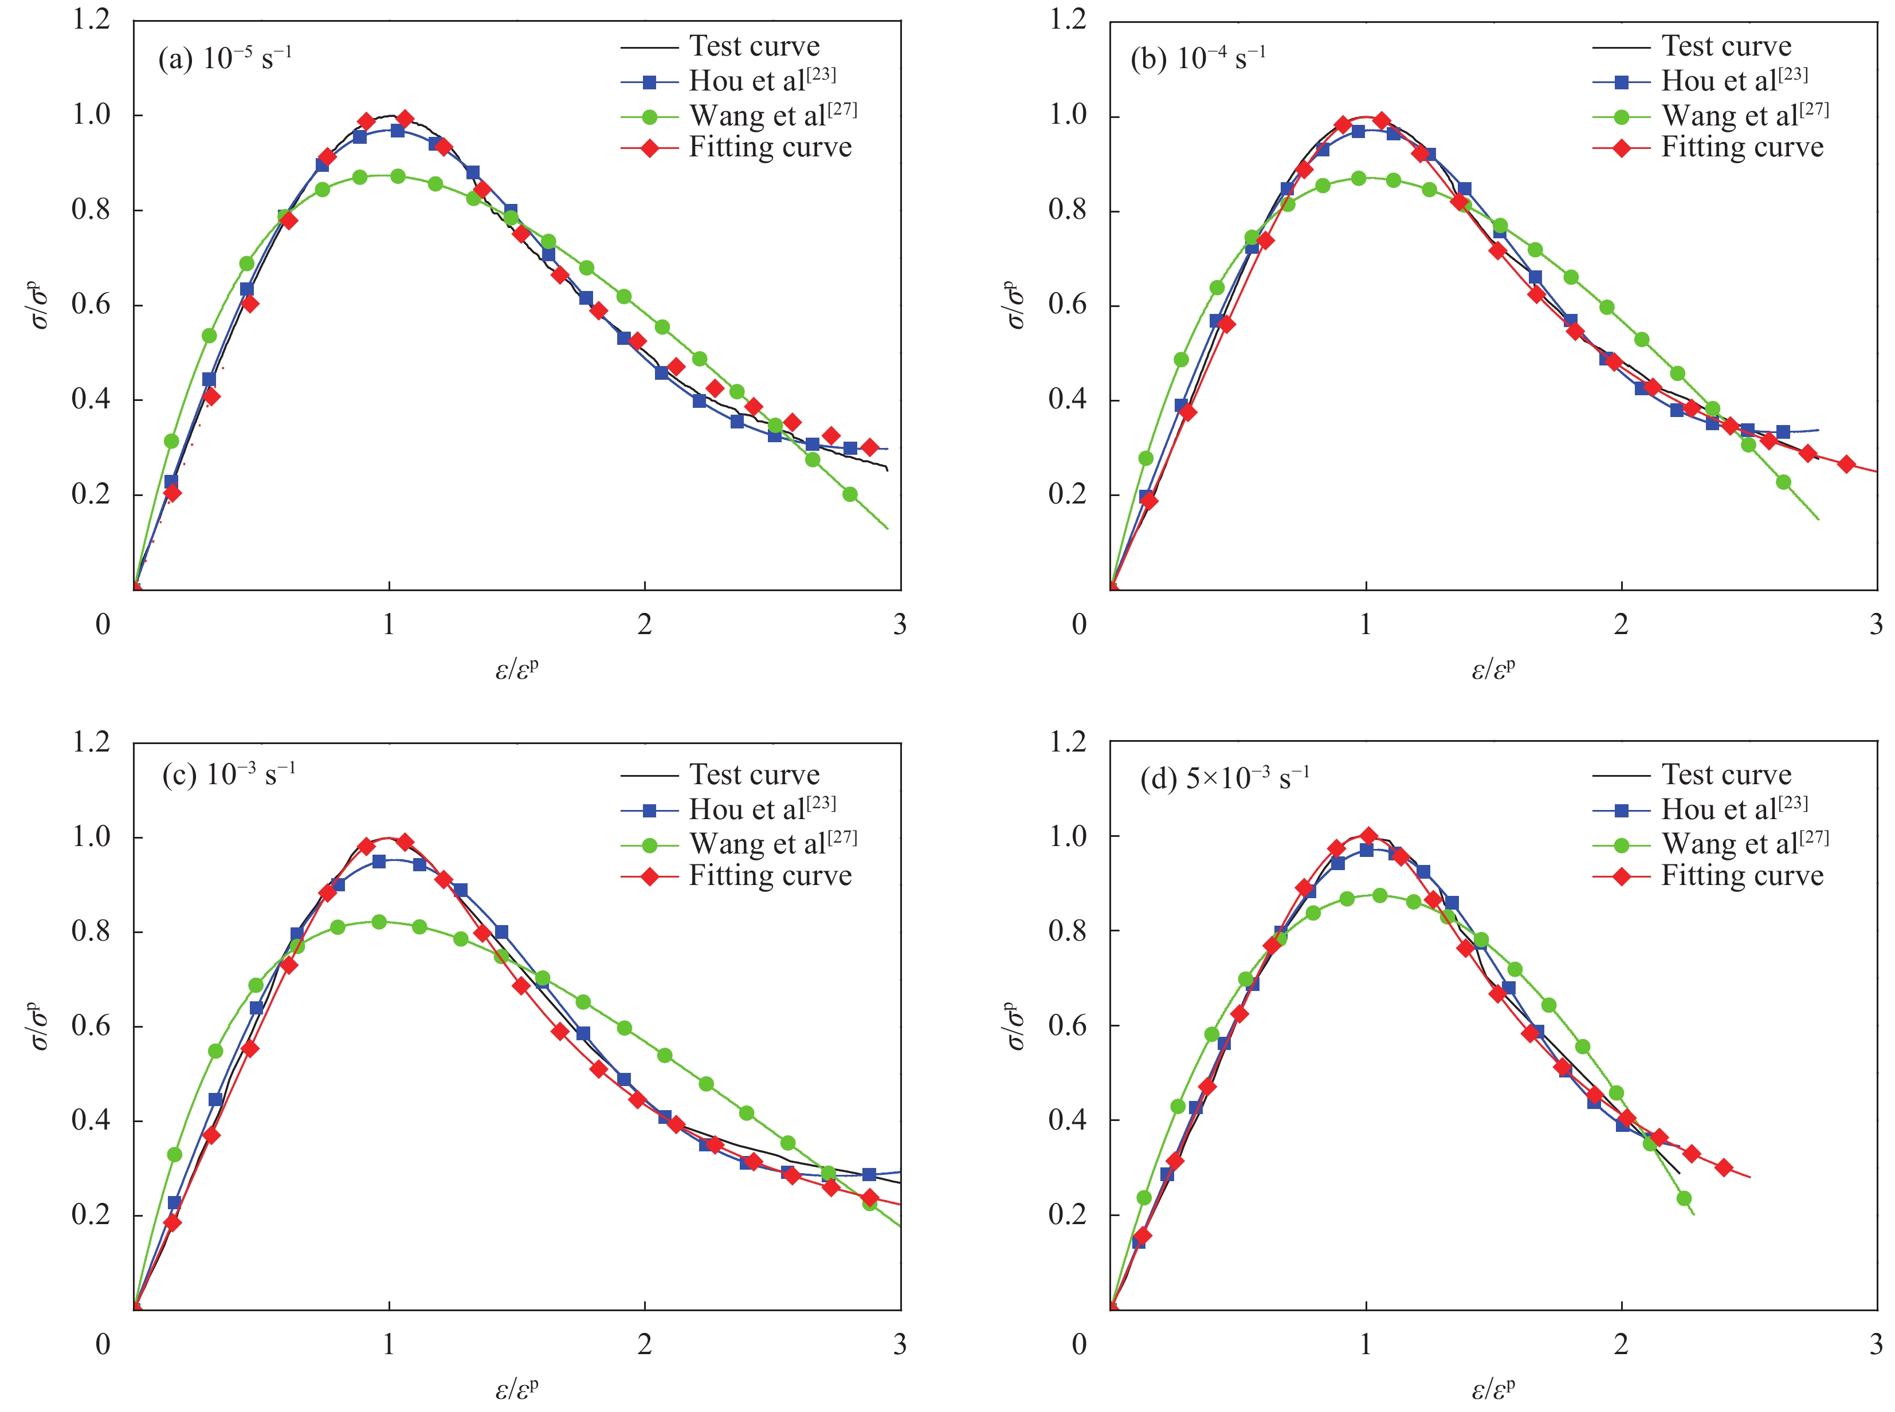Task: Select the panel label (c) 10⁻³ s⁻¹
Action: coord(228,774)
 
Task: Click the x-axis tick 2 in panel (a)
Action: coord(644,625)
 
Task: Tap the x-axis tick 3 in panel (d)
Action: coord(1876,1344)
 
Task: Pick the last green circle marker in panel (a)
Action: coord(850,494)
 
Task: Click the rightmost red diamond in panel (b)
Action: coord(1846,464)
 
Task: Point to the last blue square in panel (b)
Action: coord(1783,432)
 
